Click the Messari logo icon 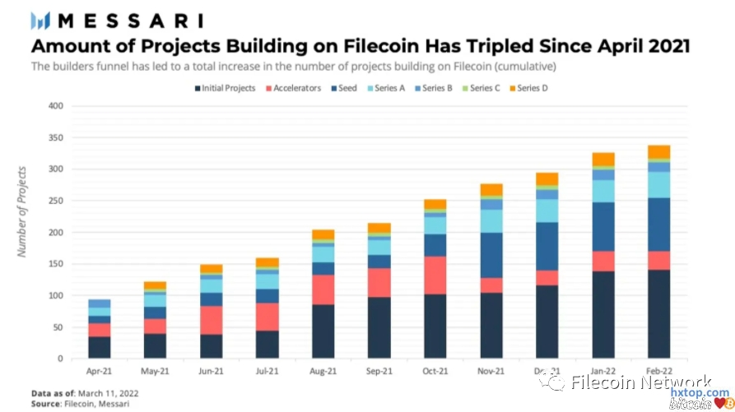[40, 20]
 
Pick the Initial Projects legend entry [223, 88]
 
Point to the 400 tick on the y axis [56, 106]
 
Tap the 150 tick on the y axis [56, 264]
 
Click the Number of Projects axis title [22, 211]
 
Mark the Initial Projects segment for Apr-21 [99, 347]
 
